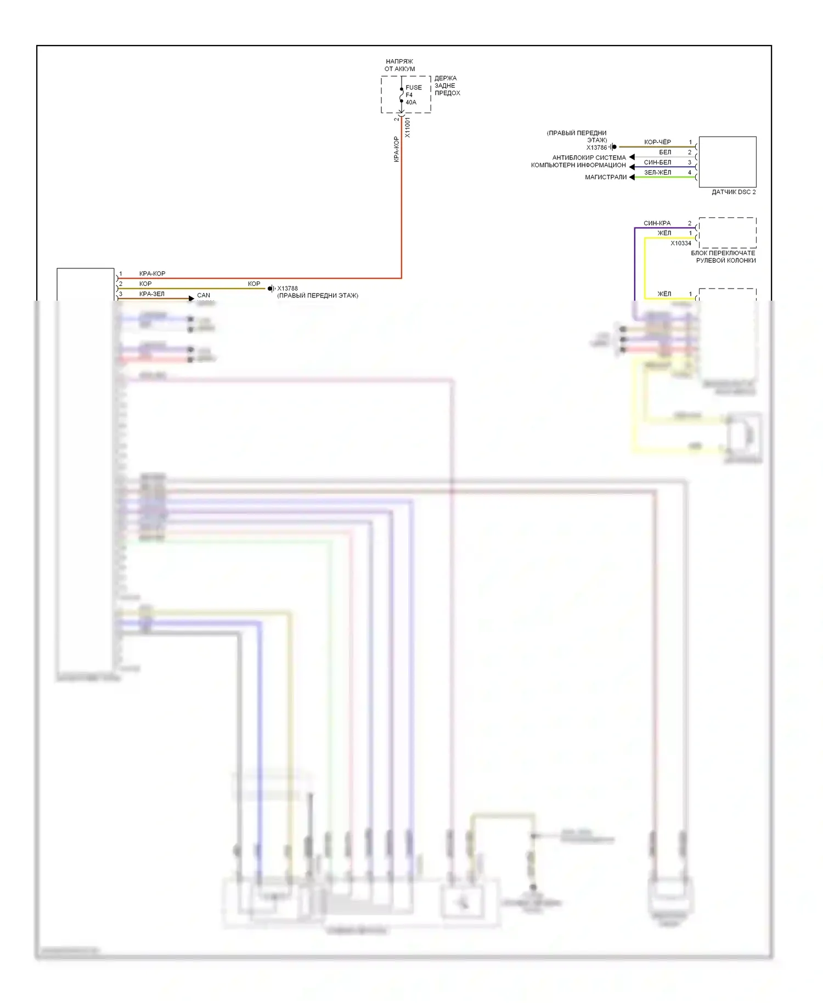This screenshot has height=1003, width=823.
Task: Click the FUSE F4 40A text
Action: click(413, 95)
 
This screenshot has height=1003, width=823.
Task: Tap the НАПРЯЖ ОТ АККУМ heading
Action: click(399, 65)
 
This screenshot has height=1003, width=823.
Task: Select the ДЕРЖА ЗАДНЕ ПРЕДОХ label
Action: click(447, 86)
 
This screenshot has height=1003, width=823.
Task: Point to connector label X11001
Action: click(408, 127)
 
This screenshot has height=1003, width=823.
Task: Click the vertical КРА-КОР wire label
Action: click(396, 149)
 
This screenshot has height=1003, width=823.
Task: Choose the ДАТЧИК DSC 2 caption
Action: click(733, 192)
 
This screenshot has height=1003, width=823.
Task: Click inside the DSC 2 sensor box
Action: click(727, 162)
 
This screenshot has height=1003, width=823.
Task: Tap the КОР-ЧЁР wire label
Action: click(657, 142)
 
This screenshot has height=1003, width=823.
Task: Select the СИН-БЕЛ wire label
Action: click(657, 162)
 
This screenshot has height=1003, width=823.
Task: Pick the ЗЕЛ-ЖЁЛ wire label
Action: click(657, 172)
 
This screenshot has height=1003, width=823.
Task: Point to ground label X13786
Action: click(596, 148)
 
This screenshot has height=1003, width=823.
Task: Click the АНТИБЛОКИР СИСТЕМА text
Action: click(589, 157)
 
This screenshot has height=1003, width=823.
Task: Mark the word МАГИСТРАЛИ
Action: click(606, 177)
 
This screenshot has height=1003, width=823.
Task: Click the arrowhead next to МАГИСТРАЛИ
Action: click(632, 177)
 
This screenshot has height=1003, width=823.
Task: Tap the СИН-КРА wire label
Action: click(657, 223)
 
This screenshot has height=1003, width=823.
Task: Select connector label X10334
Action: click(681, 243)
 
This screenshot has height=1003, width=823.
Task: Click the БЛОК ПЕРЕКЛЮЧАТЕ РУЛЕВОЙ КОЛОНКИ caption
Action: click(724, 257)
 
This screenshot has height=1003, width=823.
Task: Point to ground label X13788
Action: click(288, 289)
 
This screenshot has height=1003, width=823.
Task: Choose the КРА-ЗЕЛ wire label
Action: click(151, 294)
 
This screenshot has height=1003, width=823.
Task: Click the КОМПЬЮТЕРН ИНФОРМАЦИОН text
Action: click(578, 165)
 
